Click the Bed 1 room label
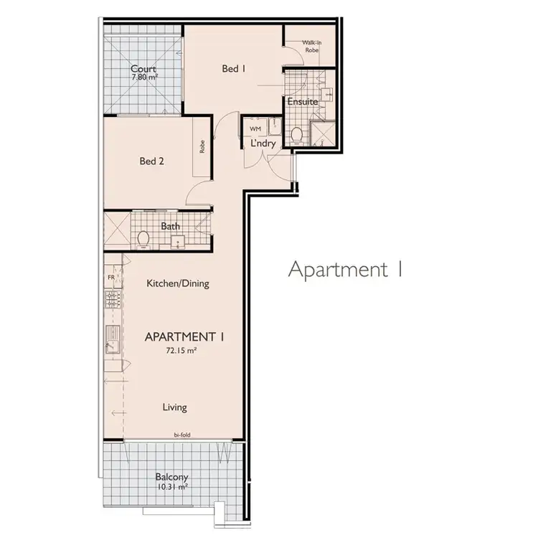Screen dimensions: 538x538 click(x=234, y=69)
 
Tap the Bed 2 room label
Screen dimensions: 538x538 click(x=152, y=161)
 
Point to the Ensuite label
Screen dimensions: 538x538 click(x=302, y=103)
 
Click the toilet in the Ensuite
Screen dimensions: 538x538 click(x=296, y=133)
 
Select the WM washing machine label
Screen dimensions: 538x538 click(x=255, y=128)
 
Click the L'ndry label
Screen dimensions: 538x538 click(x=262, y=143)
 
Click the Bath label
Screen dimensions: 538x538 click(x=171, y=227)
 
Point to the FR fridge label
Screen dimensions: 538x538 click(x=111, y=277)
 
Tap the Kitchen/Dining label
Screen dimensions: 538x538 click(x=178, y=283)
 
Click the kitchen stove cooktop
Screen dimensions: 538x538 click(x=111, y=299)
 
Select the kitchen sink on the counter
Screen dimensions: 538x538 click(x=112, y=336)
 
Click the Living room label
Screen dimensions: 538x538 click(x=174, y=407)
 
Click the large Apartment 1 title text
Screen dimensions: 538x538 click(x=345, y=270)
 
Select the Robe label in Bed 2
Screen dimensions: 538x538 click(x=203, y=147)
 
